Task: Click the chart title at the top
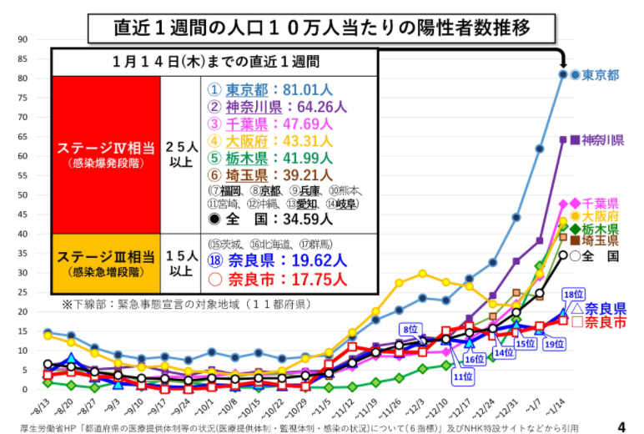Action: click(321, 28)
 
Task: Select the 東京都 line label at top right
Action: click(601, 75)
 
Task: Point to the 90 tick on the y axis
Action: click(23, 38)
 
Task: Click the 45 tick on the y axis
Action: click(23, 214)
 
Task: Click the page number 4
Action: click(621, 426)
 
